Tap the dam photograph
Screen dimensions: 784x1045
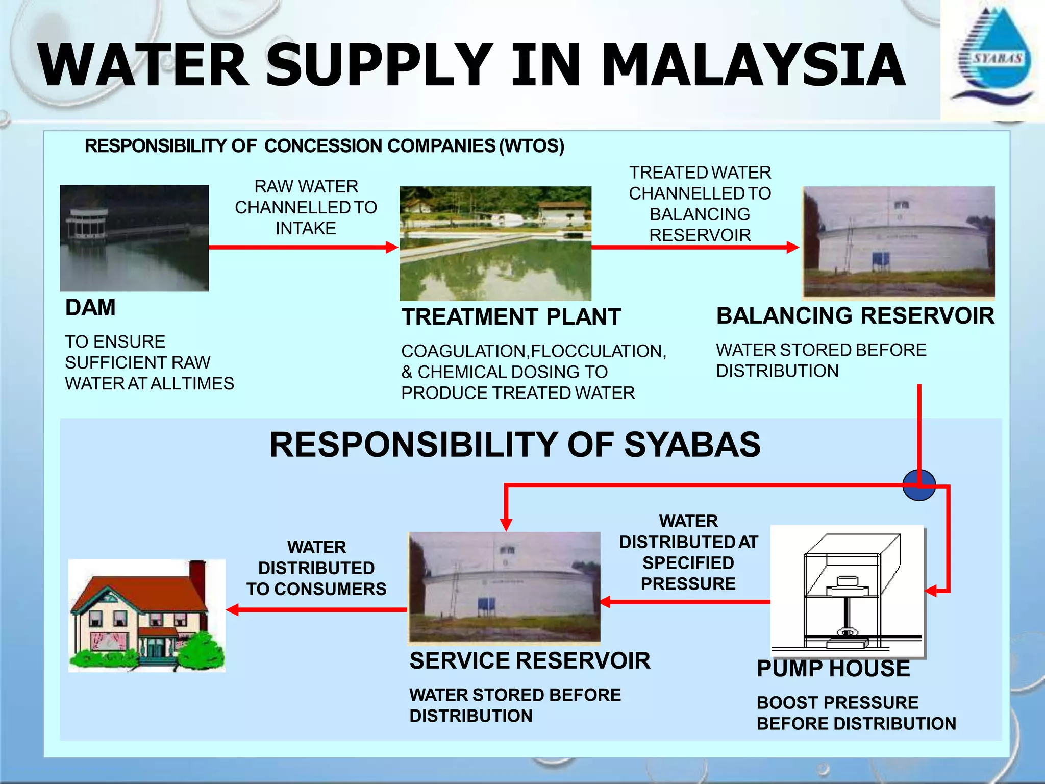134,238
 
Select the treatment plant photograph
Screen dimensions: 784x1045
495,243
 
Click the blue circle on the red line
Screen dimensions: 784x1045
918,485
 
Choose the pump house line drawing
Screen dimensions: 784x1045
847,591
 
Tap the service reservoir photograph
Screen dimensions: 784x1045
504,586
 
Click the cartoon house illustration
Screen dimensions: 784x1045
147,616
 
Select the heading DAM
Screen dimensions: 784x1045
90,308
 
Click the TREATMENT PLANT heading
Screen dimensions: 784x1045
511,317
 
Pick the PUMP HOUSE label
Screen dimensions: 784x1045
833,669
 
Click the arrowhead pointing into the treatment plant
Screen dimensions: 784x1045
392,248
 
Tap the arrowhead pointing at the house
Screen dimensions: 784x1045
232,609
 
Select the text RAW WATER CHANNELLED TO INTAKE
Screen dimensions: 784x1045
306,207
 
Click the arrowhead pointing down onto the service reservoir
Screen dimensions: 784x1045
506,525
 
